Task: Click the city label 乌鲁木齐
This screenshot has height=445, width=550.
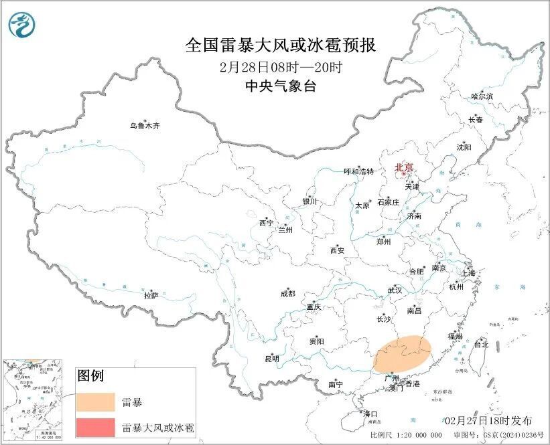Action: tap(145, 126)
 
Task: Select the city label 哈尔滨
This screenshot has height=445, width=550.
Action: tap(482, 97)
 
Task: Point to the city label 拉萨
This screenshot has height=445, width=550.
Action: tap(151, 294)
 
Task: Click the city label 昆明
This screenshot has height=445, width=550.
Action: tap(271, 360)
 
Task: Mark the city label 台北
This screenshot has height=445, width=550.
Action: tap(481, 345)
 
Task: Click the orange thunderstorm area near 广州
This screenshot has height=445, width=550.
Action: tap(401, 353)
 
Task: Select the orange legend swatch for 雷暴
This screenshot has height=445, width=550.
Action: tap(95, 402)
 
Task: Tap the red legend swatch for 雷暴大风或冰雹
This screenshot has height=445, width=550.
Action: tap(95, 426)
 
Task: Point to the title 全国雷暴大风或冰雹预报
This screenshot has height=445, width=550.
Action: tap(280, 46)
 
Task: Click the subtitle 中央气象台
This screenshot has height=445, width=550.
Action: tap(280, 86)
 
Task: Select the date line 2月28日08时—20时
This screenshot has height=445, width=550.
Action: tap(280, 66)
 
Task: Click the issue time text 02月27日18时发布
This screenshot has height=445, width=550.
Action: tap(488, 421)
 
